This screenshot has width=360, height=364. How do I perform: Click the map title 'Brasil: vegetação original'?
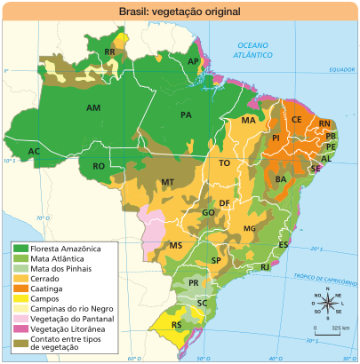(x=179, y=12)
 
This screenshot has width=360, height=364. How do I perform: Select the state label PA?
(x=187, y=115)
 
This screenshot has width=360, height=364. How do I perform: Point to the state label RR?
(x=110, y=53)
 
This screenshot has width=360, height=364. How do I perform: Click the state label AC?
(x=34, y=152)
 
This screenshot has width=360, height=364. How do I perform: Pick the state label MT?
(x=166, y=182)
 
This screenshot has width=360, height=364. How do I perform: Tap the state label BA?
(x=281, y=179)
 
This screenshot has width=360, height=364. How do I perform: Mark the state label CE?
(x=297, y=120)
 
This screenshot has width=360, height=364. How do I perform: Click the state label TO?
(x=225, y=164)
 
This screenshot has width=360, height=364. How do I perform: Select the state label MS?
(x=176, y=245)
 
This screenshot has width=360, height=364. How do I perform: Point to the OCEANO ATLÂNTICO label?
(x=253, y=50)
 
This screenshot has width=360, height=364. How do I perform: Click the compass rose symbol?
(x=327, y=305)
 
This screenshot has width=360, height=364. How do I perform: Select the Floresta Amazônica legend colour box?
(x=20, y=249)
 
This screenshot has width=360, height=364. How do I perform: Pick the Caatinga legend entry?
(x=44, y=289)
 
